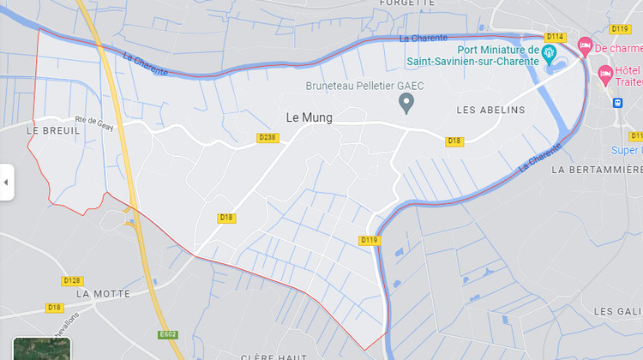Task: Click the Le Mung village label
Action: [309, 117]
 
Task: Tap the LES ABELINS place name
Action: [490, 110]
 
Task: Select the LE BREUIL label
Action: [53, 130]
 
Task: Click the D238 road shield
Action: [267, 137]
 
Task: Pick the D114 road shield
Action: [555, 36]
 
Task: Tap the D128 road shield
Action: [73, 280]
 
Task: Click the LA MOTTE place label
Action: [104, 293]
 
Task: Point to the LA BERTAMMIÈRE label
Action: [597, 170]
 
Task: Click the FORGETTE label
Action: [406, 3]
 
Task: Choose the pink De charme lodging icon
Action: [586, 45]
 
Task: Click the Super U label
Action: [627, 150]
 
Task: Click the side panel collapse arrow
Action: [6, 182]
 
